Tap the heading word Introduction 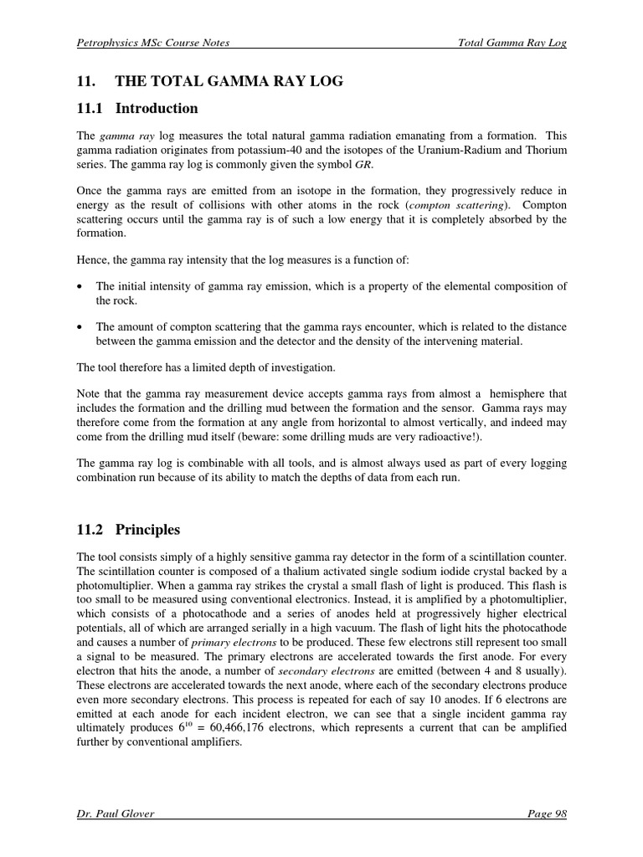157,108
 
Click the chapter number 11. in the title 83,81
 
